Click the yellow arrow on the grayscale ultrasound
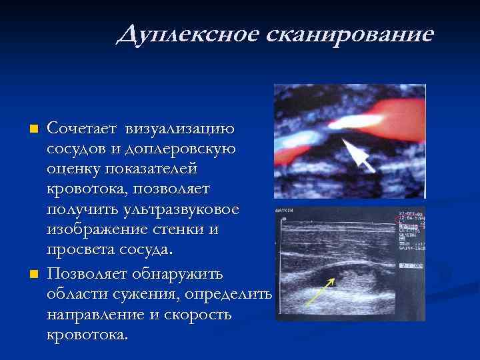pos(320,292)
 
